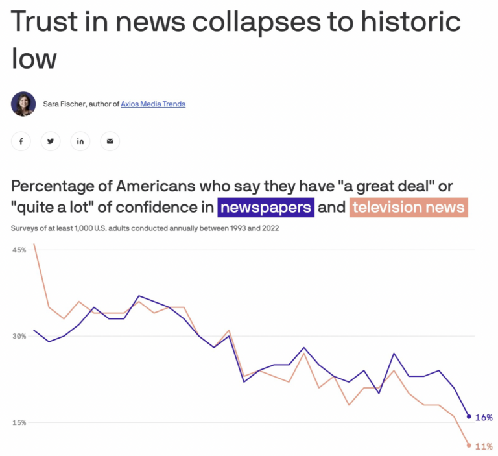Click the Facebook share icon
coord(21,141)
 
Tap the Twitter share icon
coord(51,141)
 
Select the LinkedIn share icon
coord(80,141)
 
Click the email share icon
coord(110,141)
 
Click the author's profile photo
coord(23,104)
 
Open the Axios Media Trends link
coord(153,104)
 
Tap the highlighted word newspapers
coord(267,208)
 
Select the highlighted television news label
coord(409,208)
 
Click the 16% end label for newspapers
coord(484,417)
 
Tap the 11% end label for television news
coord(484,446)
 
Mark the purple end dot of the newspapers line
coord(469,416)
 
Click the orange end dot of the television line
coord(469,445)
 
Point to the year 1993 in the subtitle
coord(223,229)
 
